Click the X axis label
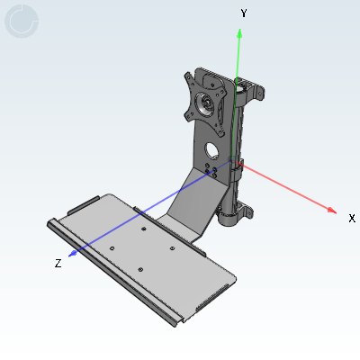click(352, 219)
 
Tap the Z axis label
click(58, 263)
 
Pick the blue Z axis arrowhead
click(72, 253)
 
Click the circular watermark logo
click(22, 22)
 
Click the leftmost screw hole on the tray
click(111, 247)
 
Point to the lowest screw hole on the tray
click(140, 269)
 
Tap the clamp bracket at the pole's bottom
click(235, 214)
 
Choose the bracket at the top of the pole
click(251, 91)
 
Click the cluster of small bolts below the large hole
click(212, 170)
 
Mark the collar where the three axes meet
click(238, 165)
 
